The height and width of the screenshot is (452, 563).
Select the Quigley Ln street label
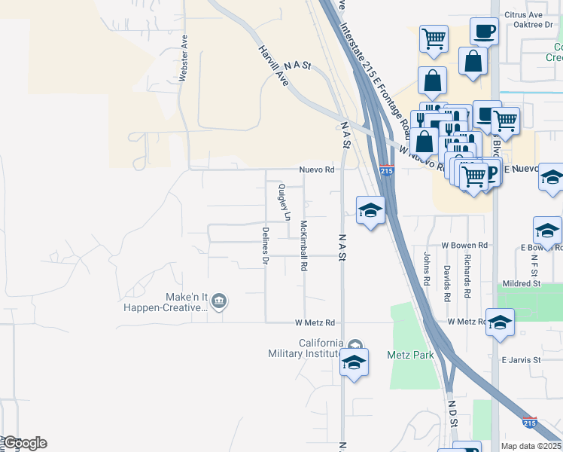coord(284,202)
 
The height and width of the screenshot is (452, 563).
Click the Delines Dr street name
coord(265,246)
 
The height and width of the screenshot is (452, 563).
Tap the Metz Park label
coord(407,354)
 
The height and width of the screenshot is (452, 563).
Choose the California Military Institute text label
coord(310,348)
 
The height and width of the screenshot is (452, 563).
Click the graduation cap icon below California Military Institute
coord(354,362)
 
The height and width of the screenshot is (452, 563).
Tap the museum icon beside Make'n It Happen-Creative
coord(219,302)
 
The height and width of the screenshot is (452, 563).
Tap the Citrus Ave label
coord(526,14)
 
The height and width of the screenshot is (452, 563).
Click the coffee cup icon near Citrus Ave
coord(484,31)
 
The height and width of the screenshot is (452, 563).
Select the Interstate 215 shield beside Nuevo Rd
coord(387,171)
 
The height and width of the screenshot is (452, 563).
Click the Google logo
coord(24,443)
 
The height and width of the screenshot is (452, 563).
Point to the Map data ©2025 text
coord(531,446)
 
